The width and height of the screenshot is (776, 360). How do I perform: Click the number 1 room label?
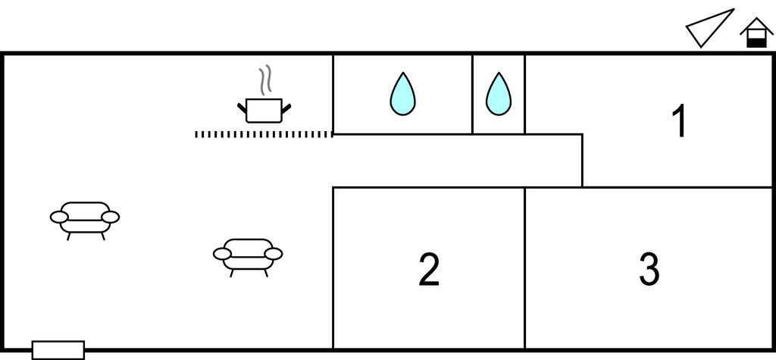tap(680, 122)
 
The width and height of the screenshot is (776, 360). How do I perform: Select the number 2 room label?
tap(429, 269)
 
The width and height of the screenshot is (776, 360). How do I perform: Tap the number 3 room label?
tap(649, 269)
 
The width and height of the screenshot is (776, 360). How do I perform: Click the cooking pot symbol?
tap(264, 110)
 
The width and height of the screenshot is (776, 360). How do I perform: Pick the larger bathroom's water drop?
tap(402, 94)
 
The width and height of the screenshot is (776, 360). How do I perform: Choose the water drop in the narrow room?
tap(498, 94)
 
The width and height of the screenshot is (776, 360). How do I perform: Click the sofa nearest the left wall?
tap(85, 218)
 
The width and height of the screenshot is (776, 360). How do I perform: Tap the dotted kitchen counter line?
tap(263, 134)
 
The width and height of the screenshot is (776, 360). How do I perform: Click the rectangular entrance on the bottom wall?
tap(58, 349)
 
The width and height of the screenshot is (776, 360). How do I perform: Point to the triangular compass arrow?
tap(710, 29)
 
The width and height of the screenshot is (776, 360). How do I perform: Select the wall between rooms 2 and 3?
tap(524, 268)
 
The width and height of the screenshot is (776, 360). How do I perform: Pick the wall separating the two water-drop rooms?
tap(472, 94)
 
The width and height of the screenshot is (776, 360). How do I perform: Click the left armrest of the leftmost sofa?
tap(59, 218)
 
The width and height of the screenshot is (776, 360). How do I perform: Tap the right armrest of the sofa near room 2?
tap(274, 254)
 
